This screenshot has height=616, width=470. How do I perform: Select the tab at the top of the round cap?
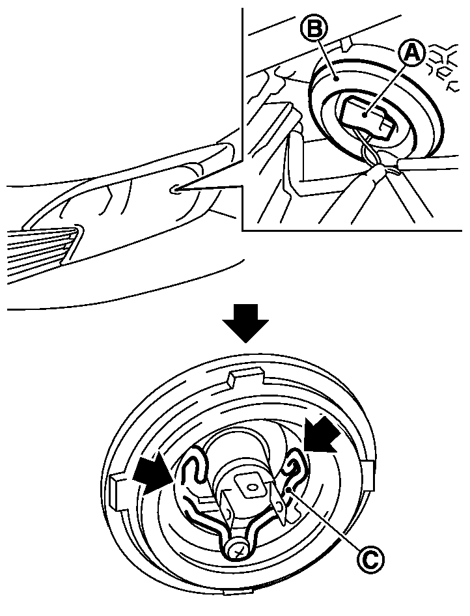(x=246, y=377)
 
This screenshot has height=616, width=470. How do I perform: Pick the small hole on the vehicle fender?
(x=174, y=190)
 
